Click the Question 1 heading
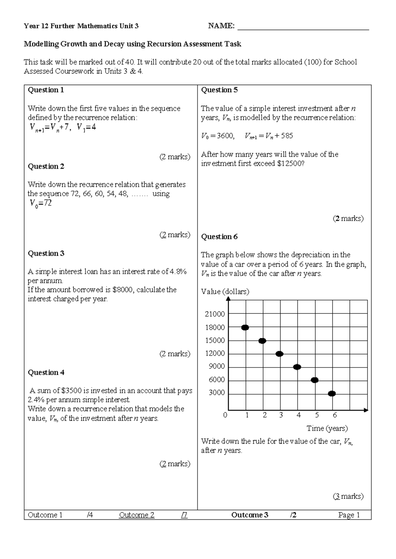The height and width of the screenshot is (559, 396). pos(46,90)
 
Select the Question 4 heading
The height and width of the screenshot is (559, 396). pos(46,372)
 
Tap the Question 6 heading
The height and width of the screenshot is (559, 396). pos(219,237)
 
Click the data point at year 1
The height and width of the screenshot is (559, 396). pos(245,327)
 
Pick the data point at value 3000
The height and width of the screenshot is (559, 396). pos(332,393)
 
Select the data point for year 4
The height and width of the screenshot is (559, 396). pos(297,367)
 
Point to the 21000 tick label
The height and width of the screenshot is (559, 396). pos(215,314)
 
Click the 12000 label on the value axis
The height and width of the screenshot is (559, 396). pos(215,353)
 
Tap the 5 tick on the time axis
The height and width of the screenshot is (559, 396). pos(317,415)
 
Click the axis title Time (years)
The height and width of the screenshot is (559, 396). pos(327,428)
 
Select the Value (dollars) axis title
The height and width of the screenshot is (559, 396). pos(225,292)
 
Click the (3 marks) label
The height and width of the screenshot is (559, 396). pos(348,496)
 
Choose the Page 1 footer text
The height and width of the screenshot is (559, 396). pos(349,515)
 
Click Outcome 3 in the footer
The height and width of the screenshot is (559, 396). pos(249,515)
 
